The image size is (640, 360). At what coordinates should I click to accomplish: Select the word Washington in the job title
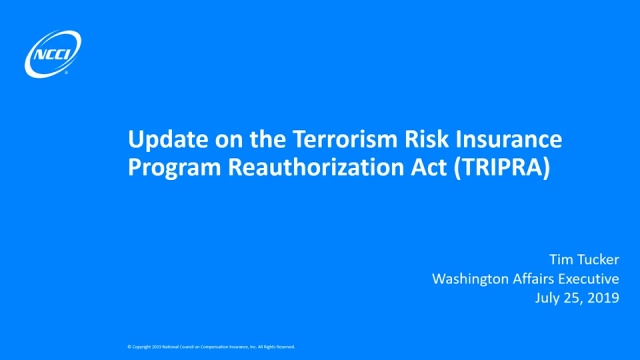click(x=472, y=279)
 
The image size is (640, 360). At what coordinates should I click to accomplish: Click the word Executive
click(x=592, y=279)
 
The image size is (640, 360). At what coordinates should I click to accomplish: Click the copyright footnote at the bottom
click(x=211, y=346)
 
